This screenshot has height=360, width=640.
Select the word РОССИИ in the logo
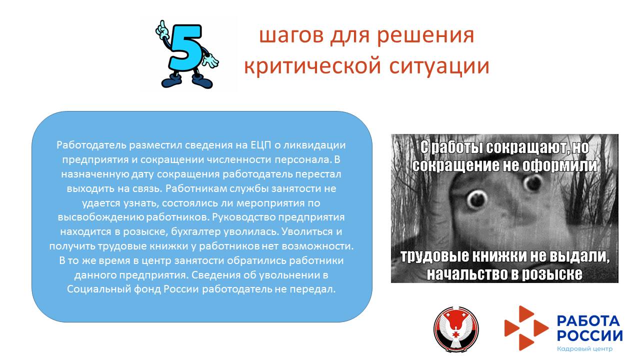(589, 335)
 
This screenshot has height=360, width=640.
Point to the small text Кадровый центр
(584, 348)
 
